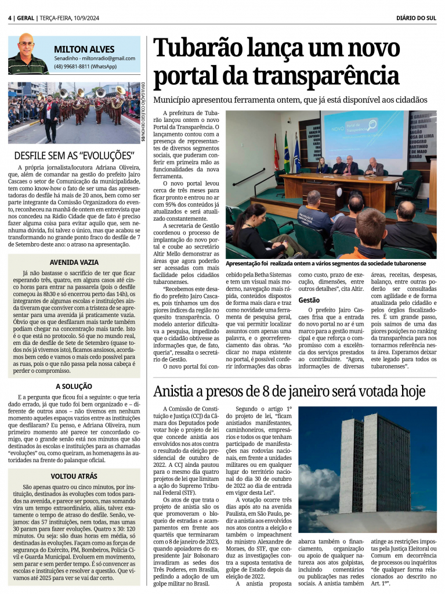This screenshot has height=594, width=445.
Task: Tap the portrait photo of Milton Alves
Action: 27,53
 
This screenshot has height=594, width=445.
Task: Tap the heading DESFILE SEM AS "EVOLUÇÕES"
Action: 74,156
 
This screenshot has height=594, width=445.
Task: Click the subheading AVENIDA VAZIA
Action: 74,262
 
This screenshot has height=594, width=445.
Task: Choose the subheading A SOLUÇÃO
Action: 74,386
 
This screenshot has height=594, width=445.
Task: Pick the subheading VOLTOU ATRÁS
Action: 74,476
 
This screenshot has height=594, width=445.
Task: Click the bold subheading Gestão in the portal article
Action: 309,300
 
